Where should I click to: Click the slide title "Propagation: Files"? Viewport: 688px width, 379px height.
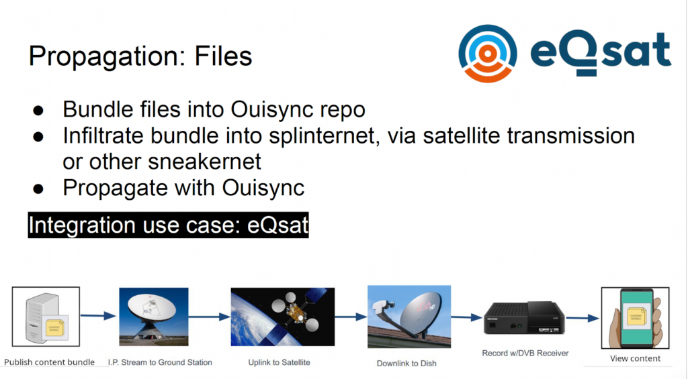click(x=140, y=56)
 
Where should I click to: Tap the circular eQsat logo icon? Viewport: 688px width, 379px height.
click(x=488, y=54)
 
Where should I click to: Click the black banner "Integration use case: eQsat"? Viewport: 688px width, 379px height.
click(x=168, y=225)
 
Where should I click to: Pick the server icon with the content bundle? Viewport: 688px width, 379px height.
click(x=46, y=317)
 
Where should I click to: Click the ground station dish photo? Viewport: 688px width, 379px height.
click(x=154, y=317)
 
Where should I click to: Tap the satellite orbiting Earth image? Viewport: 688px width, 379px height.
click(x=283, y=317)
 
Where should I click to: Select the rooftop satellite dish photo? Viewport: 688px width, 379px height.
click(x=409, y=317)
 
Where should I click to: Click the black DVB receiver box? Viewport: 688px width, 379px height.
click(x=524, y=319)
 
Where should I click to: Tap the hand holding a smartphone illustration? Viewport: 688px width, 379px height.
click(x=636, y=318)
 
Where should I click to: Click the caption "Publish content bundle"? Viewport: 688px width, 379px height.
click(x=50, y=362)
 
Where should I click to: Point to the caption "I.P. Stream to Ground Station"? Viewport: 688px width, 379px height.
click(x=160, y=362)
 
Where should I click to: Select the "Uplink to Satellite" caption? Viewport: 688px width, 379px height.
click(x=279, y=362)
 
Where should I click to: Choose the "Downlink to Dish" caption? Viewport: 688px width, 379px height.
click(x=406, y=363)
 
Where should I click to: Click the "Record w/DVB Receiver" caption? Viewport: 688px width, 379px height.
click(x=525, y=353)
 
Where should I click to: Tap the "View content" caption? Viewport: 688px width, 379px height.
click(x=636, y=358)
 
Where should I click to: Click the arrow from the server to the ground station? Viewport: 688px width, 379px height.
click(x=99, y=315)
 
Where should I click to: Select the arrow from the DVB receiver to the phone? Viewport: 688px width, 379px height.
click(x=583, y=318)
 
